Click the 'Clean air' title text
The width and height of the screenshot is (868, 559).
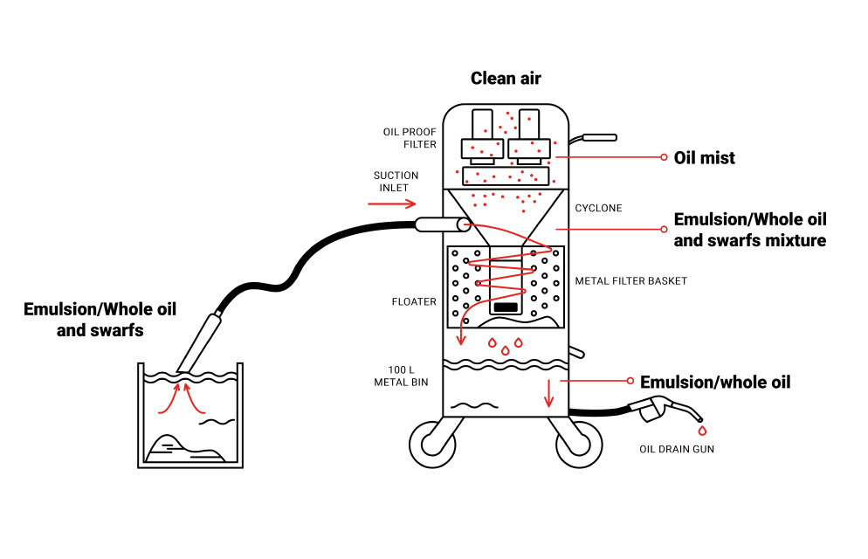tap(506, 79)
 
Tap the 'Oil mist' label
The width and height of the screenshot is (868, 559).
tap(704, 158)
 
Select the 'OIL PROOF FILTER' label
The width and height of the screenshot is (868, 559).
tap(409, 138)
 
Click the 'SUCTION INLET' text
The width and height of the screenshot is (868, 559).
tap(396, 182)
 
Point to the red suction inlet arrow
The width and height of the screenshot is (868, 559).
tap(391, 204)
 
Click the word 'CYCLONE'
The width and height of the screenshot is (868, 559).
tap(598, 209)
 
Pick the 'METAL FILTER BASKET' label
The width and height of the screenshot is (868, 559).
tap(630, 281)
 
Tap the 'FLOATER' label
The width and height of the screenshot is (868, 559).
tap(414, 302)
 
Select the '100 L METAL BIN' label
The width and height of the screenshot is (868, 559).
tap(401, 376)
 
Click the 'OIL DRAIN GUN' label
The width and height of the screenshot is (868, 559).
tap(676, 451)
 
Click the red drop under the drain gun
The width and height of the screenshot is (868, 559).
tap(701, 431)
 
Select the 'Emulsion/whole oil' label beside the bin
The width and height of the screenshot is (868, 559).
tap(715, 382)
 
